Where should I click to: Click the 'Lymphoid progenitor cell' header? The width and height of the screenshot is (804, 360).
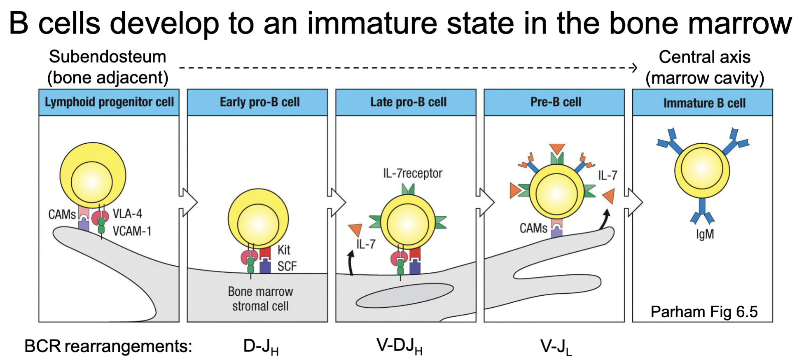pos(109,102)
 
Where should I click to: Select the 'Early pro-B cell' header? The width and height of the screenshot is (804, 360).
pos(259,102)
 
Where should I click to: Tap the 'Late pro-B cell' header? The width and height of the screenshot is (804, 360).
pos(408,102)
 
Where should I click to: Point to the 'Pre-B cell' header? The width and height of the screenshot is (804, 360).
pos(556,102)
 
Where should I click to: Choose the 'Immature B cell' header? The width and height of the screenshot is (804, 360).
pos(704,103)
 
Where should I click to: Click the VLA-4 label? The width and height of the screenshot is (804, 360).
pos(127,214)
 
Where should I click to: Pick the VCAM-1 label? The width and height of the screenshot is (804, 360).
pos(132,231)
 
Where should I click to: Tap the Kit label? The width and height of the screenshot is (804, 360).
pos(284,250)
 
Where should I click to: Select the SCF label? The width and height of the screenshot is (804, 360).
pos(287,266)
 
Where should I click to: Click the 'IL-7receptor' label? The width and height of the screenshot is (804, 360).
pos(412,173)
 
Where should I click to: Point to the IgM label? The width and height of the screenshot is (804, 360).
pos(705,234)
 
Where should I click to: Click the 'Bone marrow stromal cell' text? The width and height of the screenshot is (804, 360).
pos(260,299)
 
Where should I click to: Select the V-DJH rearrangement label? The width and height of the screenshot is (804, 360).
pos(399,346)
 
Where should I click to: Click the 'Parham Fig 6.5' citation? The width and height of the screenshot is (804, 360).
pos(704,312)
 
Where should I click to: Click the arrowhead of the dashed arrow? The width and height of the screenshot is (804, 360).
pos(635,68)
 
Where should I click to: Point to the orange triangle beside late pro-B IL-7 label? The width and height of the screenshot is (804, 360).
pos(355,230)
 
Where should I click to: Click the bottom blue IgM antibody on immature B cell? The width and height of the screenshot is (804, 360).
pos(702,210)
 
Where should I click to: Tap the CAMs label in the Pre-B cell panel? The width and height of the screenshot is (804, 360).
pos(533,228)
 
